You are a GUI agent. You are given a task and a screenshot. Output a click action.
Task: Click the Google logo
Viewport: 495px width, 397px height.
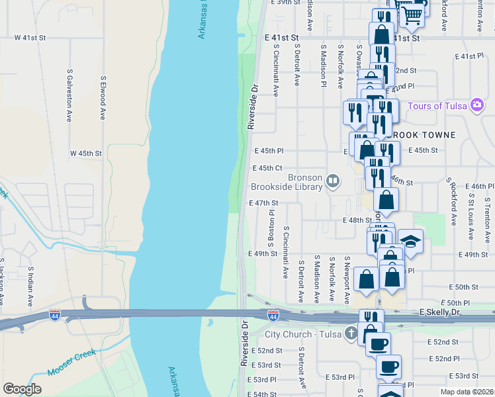pyautogui.click(x=22, y=389)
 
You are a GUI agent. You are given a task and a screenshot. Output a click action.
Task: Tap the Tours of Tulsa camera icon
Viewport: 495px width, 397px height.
pyautogui.click(x=476, y=106)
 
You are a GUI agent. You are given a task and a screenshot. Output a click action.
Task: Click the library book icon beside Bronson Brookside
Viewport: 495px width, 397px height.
pyautogui.click(x=334, y=180)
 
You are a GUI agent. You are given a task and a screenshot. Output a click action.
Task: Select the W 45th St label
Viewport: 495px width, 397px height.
pyautogui.click(x=86, y=154)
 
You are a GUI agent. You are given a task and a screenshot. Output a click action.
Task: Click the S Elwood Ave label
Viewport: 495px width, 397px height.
pyautogui.click(x=103, y=97)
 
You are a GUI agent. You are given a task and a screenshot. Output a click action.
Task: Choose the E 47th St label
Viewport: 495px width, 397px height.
pyautogui.click(x=263, y=203)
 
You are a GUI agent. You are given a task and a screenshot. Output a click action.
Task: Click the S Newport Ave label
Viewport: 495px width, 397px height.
pyautogui.click(x=347, y=281)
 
